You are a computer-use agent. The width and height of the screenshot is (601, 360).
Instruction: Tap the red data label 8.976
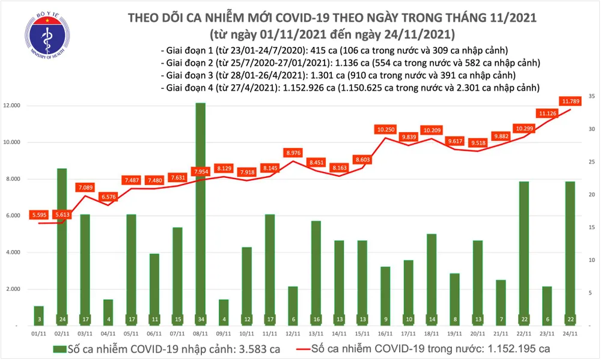click(293, 153)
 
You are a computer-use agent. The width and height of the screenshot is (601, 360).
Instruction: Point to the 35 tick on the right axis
click(592, 96)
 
